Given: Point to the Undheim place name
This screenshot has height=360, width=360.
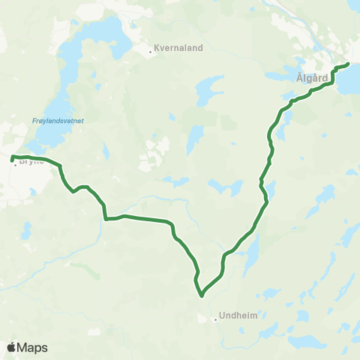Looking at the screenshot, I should [x=239, y=316].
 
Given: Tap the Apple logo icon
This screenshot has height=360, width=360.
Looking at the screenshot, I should [x=12, y=347].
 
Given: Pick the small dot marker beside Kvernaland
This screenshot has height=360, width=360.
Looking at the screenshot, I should [x=149, y=52].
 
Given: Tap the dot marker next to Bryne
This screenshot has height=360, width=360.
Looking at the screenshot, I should [x=15, y=163].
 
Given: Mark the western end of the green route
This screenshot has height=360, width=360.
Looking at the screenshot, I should [x=12, y=157].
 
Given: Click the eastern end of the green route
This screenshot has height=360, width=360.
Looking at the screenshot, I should [x=349, y=64].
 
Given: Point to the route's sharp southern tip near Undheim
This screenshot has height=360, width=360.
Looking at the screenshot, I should [x=202, y=295].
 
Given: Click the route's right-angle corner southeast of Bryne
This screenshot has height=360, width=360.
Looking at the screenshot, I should [x=106, y=219].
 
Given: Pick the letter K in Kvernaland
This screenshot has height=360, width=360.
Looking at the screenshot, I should [x=156, y=51].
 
